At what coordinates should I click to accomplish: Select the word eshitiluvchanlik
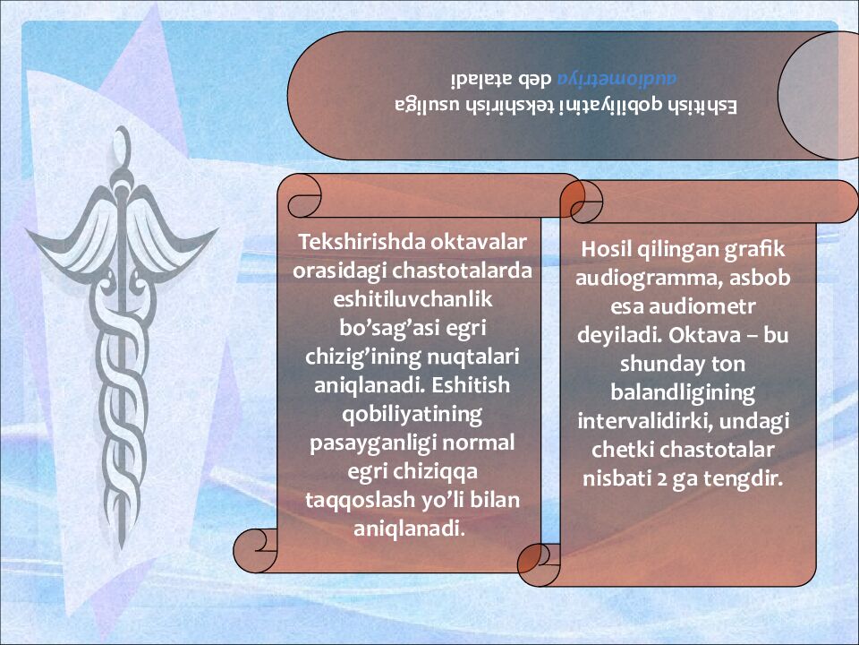(412, 299)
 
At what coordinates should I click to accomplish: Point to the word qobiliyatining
(412, 415)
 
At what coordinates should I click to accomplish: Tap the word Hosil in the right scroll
(606, 249)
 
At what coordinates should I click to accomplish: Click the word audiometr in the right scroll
(702, 306)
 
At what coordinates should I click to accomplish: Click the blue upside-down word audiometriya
(617, 78)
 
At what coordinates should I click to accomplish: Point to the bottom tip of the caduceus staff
(122, 546)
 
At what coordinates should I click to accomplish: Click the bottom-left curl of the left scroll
(255, 551)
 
